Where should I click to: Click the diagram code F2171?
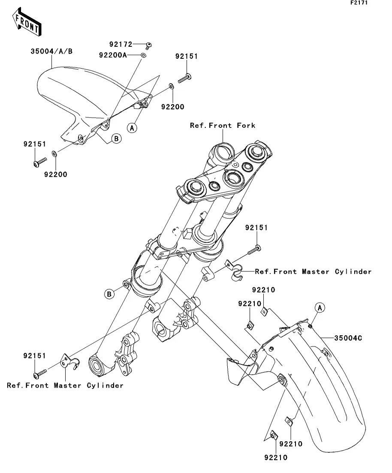point(359,3)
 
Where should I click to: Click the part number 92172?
point(121,44)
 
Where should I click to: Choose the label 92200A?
point(113,55)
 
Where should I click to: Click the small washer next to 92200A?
point(143,55)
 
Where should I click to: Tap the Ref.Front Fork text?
point(223,125)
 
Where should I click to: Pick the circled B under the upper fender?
point(115,139)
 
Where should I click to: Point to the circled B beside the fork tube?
point(110,294)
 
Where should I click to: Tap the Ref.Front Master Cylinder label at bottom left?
point(65,385)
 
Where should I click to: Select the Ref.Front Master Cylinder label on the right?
point(313,271)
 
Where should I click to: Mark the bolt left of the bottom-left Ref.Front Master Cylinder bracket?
point(40,373)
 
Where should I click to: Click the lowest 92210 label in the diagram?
point(276,457)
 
